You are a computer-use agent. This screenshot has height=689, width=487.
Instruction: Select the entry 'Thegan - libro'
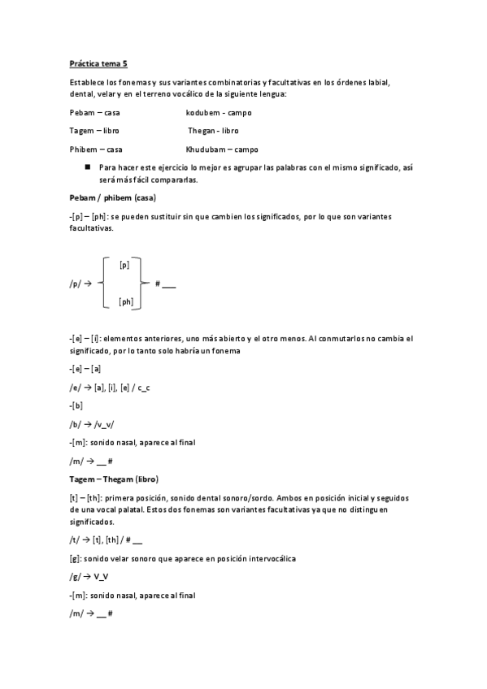[213, 130]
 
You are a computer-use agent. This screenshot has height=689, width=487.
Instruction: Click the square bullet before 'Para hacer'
[86, 166]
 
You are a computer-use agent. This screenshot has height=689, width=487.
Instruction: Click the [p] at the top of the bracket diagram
[124, 265]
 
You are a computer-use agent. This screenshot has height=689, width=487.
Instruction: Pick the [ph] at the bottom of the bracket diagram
[126, 301]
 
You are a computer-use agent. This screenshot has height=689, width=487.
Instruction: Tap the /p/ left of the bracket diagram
[75, 284]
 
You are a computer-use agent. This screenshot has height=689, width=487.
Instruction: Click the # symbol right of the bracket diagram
[157, 284]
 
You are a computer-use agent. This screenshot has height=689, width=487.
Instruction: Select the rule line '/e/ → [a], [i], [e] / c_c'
[110, 388]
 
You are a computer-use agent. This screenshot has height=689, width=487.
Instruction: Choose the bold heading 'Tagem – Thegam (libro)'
[114, 478]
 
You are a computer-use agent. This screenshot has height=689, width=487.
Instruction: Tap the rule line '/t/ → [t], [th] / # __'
[106, 539]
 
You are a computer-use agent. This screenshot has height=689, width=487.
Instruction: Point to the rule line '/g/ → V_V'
[89, 577]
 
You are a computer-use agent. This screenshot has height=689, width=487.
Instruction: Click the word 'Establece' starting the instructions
[88, 82]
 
